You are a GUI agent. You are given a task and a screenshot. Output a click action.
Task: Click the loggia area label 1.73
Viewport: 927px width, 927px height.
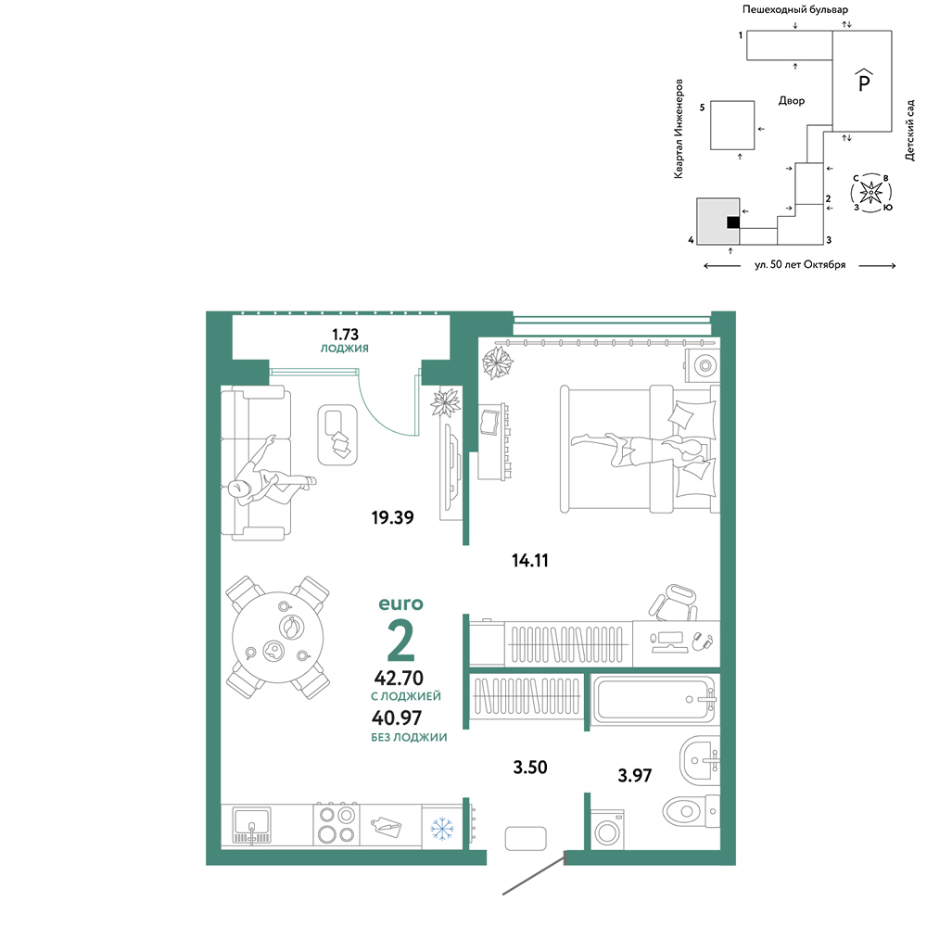345,334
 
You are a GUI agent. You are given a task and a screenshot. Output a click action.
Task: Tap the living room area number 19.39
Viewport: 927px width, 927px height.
392,517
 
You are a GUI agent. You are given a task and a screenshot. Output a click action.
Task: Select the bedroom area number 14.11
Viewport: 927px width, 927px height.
530,560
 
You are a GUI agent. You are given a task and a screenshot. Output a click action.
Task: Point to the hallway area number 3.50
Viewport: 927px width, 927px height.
530,767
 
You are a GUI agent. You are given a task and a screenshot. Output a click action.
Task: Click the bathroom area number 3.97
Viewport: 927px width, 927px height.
635,775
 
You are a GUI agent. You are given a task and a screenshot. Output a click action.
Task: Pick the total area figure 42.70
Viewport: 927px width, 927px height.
399,678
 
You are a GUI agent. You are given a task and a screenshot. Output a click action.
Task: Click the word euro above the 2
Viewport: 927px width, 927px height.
400,603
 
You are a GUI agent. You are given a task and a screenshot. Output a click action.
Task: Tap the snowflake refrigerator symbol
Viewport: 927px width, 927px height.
441,828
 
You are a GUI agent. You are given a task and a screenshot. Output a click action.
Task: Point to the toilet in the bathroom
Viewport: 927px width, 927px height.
691,810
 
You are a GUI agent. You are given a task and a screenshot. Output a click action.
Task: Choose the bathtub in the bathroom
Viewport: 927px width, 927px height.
653,699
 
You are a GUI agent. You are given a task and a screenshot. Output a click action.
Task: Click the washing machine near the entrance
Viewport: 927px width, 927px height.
607,830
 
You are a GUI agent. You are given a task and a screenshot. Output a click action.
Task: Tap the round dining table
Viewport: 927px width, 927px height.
278,638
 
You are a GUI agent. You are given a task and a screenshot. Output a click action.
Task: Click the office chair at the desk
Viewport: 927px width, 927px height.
674,603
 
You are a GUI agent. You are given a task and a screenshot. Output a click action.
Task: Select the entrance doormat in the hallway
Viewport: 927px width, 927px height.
526,838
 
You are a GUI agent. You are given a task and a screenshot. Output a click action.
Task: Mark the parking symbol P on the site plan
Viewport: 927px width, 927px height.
864,80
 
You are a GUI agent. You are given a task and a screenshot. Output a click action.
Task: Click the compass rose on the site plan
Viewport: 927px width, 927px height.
871,192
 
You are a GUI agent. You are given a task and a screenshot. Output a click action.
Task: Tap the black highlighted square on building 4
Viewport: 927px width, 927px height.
733,222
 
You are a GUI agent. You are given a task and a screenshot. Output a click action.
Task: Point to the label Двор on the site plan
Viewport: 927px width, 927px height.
792,101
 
